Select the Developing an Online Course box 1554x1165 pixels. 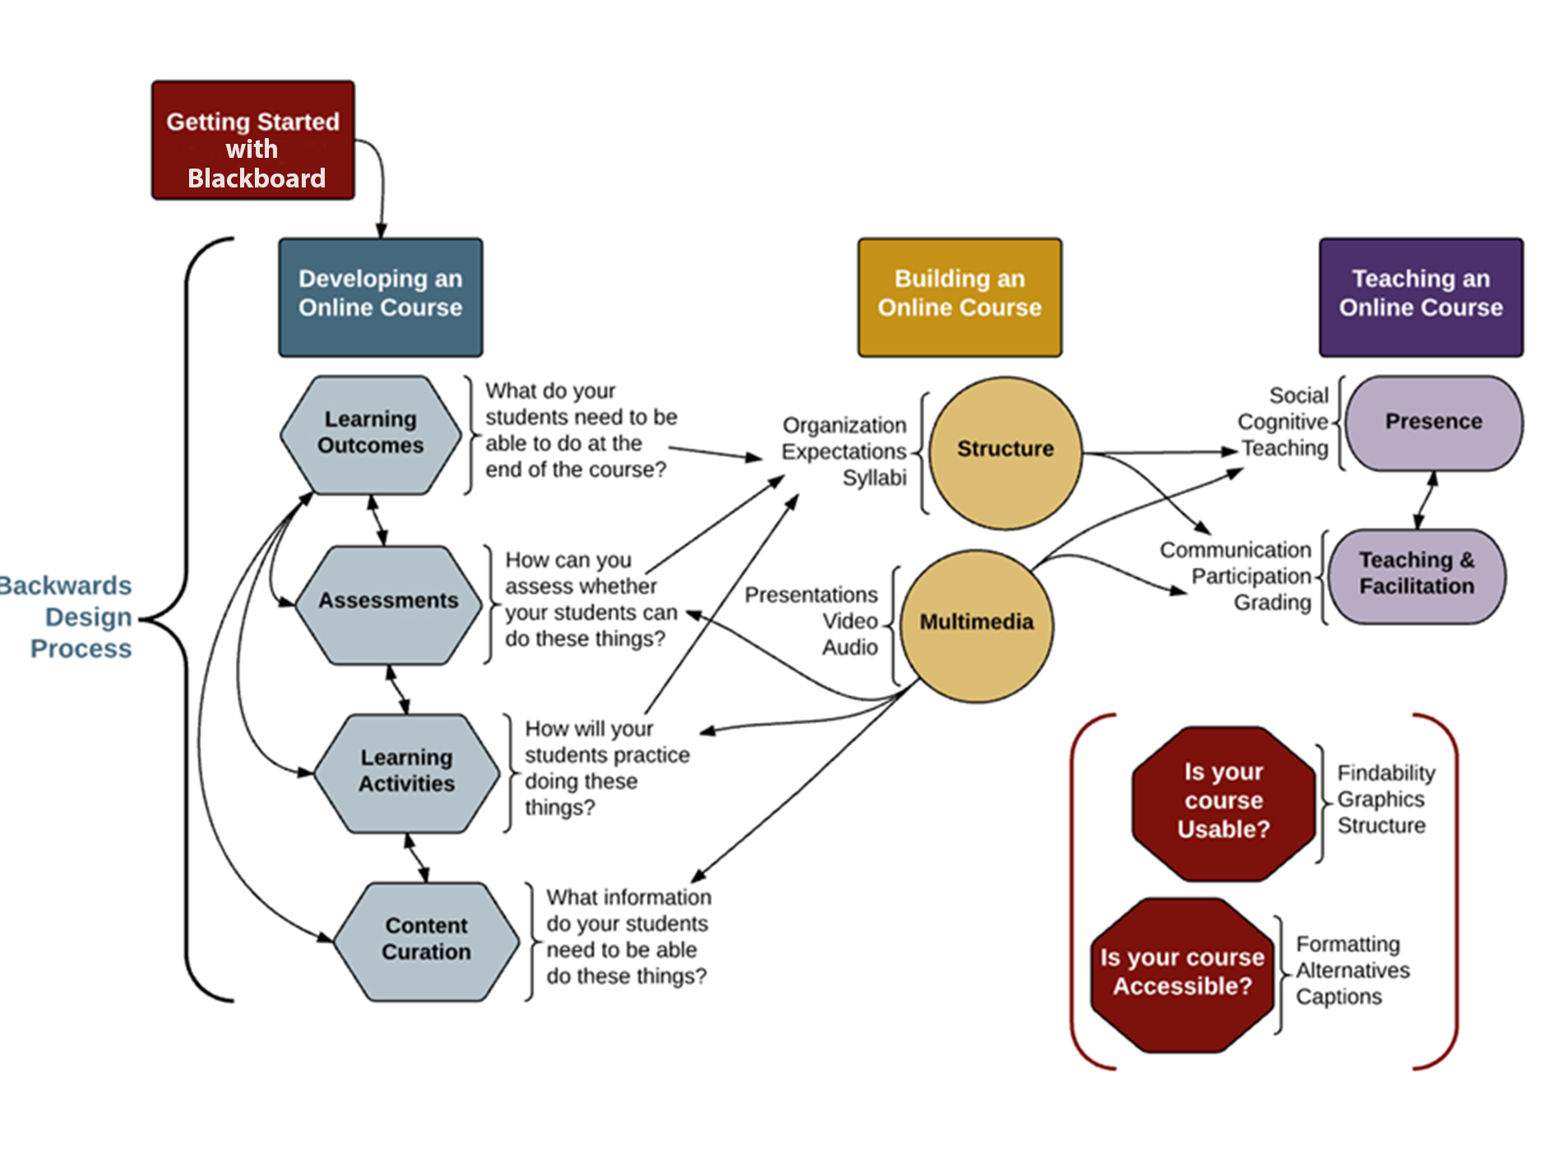point(381,297)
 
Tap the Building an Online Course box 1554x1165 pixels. point(960,297)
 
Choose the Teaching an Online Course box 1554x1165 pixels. point(1421,297)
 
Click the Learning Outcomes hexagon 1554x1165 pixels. point(371,434)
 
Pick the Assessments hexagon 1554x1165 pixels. point(388,603)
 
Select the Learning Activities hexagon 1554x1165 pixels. point(407,772)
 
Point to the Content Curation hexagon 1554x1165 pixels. point(427,941)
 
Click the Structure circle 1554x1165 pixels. point(1005,451)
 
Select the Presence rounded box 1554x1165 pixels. point(1433,423)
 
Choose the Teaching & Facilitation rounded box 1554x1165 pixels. point(1417,575)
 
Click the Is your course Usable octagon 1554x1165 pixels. point(1223,802)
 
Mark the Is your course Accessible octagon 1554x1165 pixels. point(1182,973)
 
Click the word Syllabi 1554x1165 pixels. point(874,478)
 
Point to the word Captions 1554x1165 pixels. point(1339,997)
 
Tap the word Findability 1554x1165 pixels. point(1386,774)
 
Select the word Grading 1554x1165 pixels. point(1272,603)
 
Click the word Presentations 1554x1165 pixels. point(811,595)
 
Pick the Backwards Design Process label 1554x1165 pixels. point(74,617)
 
